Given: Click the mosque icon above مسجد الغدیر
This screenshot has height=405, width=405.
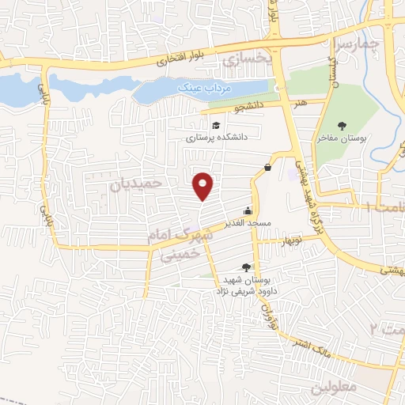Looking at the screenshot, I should coord(249,211).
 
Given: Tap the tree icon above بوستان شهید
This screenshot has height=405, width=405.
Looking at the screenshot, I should coord(245,268).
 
